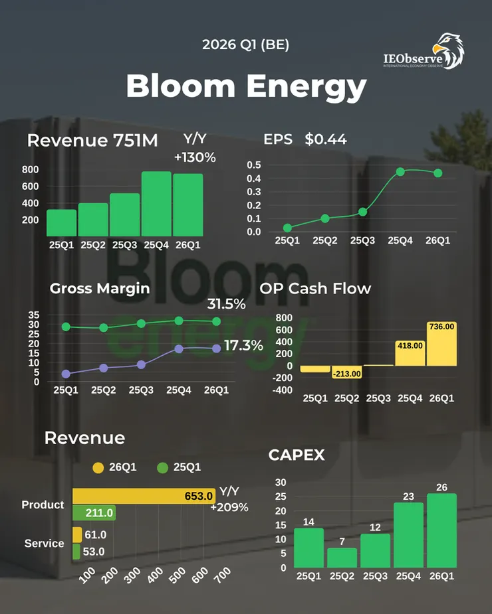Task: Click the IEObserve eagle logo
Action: [448, 50]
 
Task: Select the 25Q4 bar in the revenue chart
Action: [156, 204]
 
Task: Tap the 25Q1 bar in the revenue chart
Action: [61, 223]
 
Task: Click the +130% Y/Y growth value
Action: [195, 157]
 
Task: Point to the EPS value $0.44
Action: [326, 139]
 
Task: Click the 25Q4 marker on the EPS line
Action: [400, 172]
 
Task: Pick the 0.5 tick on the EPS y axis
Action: [253, 165]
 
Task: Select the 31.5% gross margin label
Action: [227, 304]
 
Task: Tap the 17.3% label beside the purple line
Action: [243, 346]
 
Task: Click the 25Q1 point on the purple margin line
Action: [66, 374]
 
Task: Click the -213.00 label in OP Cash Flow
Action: [346, 374]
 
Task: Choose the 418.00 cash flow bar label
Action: [410, 345]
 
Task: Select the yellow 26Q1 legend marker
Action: [98, 467]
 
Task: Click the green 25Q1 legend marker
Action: [162, 467]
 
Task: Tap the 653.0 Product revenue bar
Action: [144, 496]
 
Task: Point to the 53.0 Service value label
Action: [95, 552]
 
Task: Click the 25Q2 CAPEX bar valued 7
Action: [342, 558]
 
